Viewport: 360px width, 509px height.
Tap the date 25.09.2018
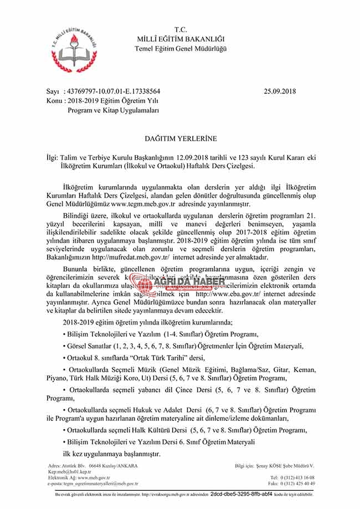coord(281,91)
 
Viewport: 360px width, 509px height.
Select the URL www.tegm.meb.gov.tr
coord(143,203)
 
